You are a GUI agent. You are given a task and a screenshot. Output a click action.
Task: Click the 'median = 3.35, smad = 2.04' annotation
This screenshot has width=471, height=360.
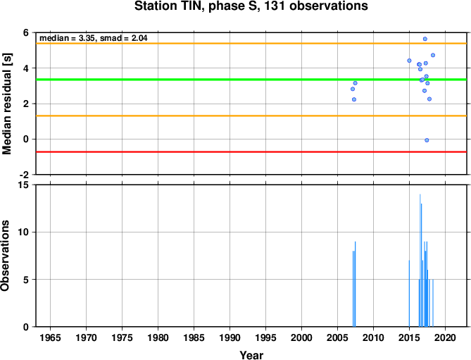(94, 38)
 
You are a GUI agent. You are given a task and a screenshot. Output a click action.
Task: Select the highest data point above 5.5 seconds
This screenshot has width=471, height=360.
(425, 39)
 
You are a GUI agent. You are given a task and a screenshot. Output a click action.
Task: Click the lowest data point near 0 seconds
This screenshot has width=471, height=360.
(427, 140)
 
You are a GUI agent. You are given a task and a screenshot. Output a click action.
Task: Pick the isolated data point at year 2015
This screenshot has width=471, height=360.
(409, 61)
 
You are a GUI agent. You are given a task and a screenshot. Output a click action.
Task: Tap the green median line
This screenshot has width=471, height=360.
(251, 80)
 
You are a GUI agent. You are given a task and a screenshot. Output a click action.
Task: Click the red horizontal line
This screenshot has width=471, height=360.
(251, 152)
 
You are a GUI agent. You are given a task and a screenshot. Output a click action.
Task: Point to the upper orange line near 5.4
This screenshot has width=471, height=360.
(251, 44)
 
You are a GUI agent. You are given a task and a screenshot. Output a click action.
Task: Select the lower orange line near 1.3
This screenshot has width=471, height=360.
(251, 116)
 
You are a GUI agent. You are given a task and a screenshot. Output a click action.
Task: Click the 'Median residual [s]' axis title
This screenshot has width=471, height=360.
(6, 104)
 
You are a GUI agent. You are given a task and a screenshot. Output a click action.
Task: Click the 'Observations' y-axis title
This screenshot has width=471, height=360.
(5, 256)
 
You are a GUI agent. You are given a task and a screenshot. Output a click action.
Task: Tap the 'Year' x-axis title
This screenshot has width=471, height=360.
(251, 355)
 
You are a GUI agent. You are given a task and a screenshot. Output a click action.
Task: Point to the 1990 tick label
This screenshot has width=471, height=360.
(230, 337)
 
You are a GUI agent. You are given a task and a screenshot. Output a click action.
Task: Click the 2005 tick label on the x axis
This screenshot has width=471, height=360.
(337, 337)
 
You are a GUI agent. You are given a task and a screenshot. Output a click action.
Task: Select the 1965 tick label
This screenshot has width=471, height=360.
(50, 337)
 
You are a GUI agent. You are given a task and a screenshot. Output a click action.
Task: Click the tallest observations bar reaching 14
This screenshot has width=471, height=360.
(420, 261)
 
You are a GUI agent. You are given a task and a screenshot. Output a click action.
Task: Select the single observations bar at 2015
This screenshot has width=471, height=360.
(409, 294)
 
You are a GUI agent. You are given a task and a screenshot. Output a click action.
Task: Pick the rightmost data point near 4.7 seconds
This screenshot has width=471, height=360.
(433, 55)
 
